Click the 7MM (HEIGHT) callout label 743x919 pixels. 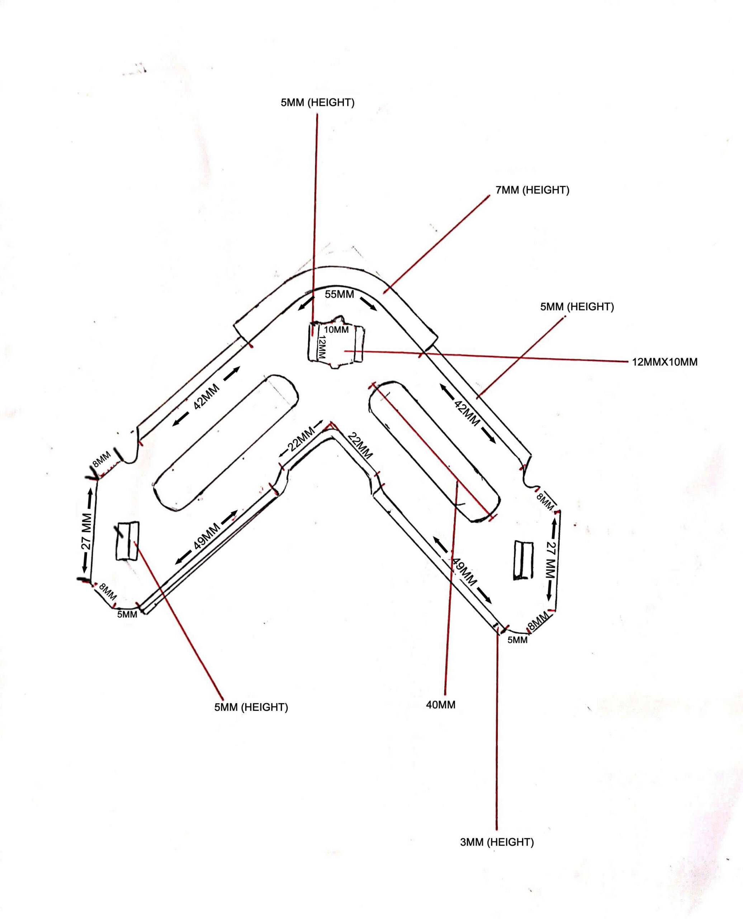tap(533, 190)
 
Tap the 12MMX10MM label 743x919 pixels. tap(665, 362)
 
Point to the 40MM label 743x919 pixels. tap(441, 705)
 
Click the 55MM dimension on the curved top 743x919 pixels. tap(339, 294)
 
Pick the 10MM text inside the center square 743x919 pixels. tap(336, 330)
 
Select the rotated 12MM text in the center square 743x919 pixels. tap(322, 347)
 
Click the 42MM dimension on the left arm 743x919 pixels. tap(206, 396)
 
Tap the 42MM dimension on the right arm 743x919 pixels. tap(467, 413)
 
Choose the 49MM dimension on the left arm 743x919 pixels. tap(207, 536)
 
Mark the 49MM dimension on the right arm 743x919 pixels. tap(464, 572)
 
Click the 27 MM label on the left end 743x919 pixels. tap(87, 531)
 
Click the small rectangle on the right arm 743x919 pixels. tap(524, 560)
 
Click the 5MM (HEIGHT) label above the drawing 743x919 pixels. tap(318, 103)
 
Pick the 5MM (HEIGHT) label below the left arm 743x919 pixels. tap(251, 707)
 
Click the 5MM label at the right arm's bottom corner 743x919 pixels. tap(517, 640)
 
